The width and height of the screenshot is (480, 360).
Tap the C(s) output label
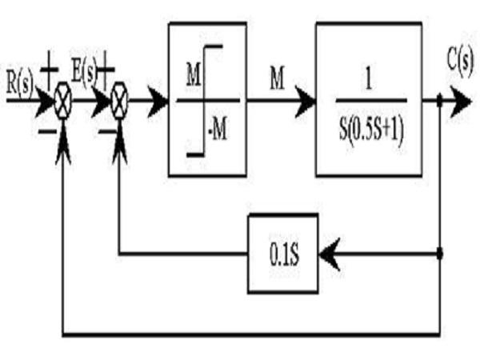click(x=460, y=59)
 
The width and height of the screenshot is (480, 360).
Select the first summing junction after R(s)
click(x=63, y=101)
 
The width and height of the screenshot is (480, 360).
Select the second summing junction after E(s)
click(x=119, y=101)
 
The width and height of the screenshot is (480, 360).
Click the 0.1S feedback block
click(x=283, y=254)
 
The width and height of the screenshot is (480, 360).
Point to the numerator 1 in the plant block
click(x=369, y=79)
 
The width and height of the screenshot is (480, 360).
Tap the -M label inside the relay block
click(x=218, y=130)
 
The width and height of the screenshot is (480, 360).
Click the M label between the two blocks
click(x=277, y=78)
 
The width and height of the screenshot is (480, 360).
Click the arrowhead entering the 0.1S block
click(x=330, y=254)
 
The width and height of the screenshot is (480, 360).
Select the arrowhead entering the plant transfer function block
click(x=305, y=101)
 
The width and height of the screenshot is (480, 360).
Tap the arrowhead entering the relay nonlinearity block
click(x=158, y=101)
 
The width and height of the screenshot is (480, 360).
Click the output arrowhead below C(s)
click(x=461, y=101)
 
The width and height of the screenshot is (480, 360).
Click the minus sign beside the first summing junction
click(x=48, y=132)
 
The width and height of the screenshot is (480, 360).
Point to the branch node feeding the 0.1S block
click(x=440, y=254)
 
